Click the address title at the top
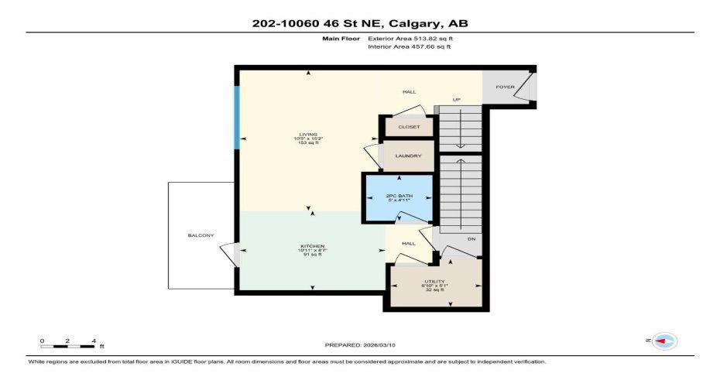360,23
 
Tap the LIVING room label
309,134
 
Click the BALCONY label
201,235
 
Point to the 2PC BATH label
399,196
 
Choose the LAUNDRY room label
408,156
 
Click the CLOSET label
409,127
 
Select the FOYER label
506,87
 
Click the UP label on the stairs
457,100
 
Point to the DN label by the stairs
470,238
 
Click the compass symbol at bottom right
664,341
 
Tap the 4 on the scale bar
93,340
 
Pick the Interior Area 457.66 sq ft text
409,46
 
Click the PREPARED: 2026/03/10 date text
361,345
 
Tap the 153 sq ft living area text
308,143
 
